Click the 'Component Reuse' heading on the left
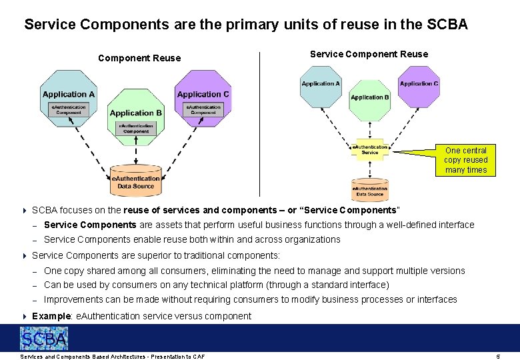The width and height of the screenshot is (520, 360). coord(139,58)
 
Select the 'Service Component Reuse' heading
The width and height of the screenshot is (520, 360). coord(369,54)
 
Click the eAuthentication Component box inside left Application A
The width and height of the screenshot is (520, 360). coord(69,109)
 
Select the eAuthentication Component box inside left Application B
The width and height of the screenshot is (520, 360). coord(136,129)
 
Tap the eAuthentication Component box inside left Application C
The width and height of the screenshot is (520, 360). coord(203,109)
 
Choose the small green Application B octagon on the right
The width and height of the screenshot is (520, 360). coord(369,100)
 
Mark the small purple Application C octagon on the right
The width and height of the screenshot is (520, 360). coord(419,87)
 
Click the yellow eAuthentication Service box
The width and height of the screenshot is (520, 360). coord(369,150)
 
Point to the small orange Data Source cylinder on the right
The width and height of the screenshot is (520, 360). coord(369,191)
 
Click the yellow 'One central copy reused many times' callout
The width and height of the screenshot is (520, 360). coord(466,160)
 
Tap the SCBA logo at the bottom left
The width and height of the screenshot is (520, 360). coord(44,339)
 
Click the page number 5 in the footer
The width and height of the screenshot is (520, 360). coord(498,357)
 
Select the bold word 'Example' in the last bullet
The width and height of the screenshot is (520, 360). coord(51,316)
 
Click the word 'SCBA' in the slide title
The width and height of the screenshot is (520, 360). coord(447,25)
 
